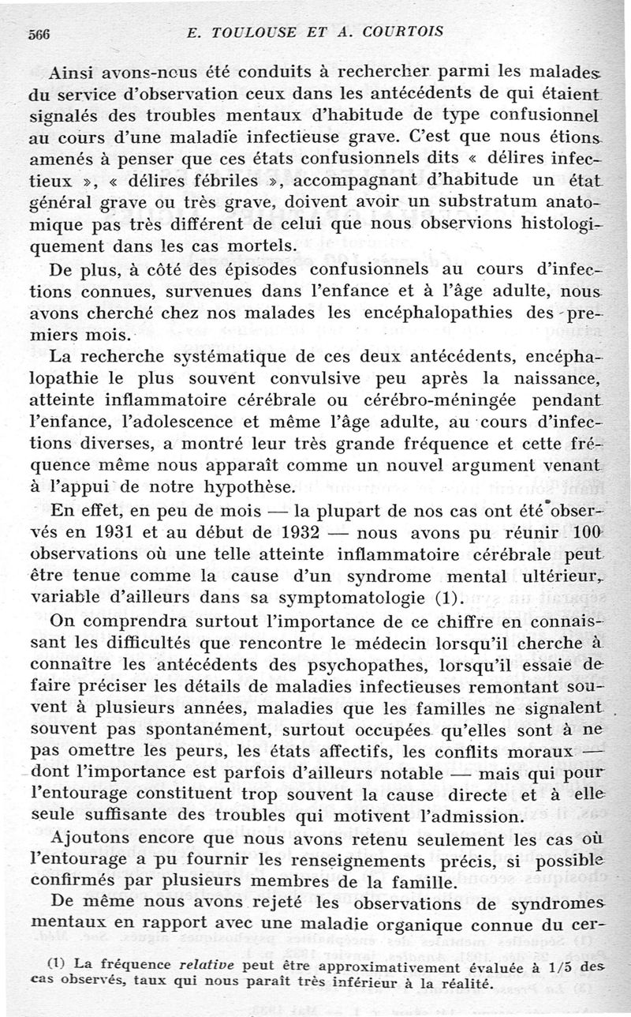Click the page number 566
click(39, 32)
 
